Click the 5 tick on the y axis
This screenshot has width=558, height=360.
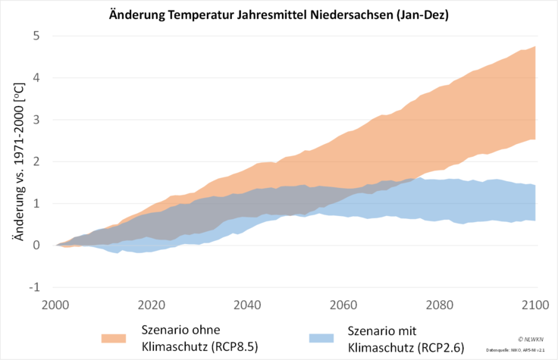pyautogui.click(x=36, y=36)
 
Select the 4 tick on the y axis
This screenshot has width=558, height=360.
pyautogui.click(x=36, y=78)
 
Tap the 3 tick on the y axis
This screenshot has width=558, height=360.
pyautogui.click(x=36, y=120)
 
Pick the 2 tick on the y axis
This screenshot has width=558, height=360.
pyautogui.click(x=36, y=161)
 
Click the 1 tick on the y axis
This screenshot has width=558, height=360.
pyautogui.click(x=36, y=203)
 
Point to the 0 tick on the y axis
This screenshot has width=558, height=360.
pyautogui.click(x=36, y=245)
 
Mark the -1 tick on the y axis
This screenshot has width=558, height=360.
pyautogui.click(x=34, y=287)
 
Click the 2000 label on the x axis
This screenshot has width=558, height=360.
pyautogui.click(x=57, y=305)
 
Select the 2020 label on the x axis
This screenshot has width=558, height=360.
pyautogui.click(x=152, y=305)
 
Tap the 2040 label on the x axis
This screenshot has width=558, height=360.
pyautogui.click(x=248, y=305)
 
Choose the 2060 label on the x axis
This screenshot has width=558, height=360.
pyautogui.click(x=344, y=305)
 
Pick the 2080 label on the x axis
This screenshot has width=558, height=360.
pyautogui.click(x=440, y=305)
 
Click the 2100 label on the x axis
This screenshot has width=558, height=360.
pyautogui.click(x=535, y=305)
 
